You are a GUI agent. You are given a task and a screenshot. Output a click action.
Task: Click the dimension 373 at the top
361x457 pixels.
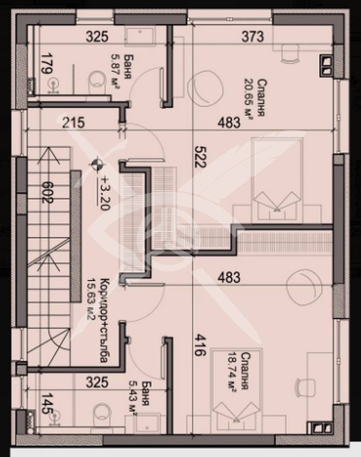(x=253, y=37)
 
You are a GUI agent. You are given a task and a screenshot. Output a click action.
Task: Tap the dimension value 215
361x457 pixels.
(x=73, y=123)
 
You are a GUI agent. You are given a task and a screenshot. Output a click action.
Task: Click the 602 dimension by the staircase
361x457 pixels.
(x=47, y=193)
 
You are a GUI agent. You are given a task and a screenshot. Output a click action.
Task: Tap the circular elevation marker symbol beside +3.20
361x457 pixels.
(x=97, y=164)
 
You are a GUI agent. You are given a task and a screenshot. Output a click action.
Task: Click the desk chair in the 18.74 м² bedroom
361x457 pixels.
(x=305, y=387)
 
